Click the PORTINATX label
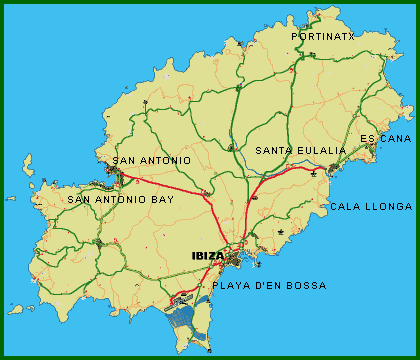[323, 36]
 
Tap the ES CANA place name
[385, 138]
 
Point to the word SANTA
[273, 151]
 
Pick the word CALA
[345, 207]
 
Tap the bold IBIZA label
[208, 256]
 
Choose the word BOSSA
[306, 286]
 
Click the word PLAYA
[232, 286]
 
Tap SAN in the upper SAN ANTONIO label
[124, 160]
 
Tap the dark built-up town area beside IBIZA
[233, 261]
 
